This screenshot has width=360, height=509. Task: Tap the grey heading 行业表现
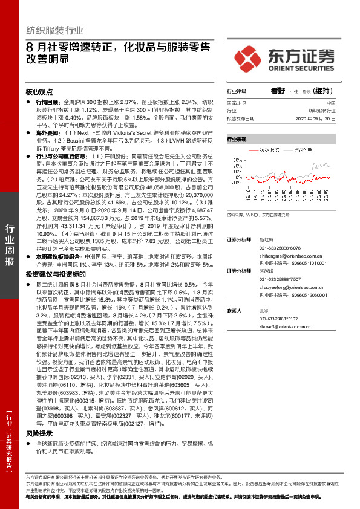pos(237,138)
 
